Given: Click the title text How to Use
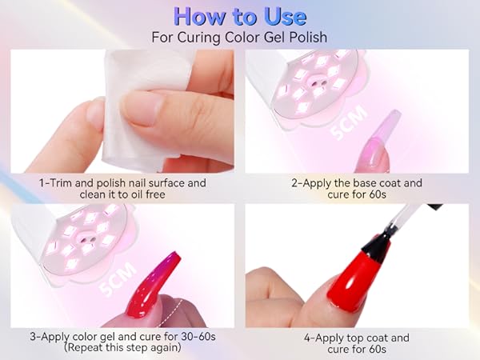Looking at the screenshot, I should click(239, 16).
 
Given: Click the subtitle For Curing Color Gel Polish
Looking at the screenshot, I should click(239, 37).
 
